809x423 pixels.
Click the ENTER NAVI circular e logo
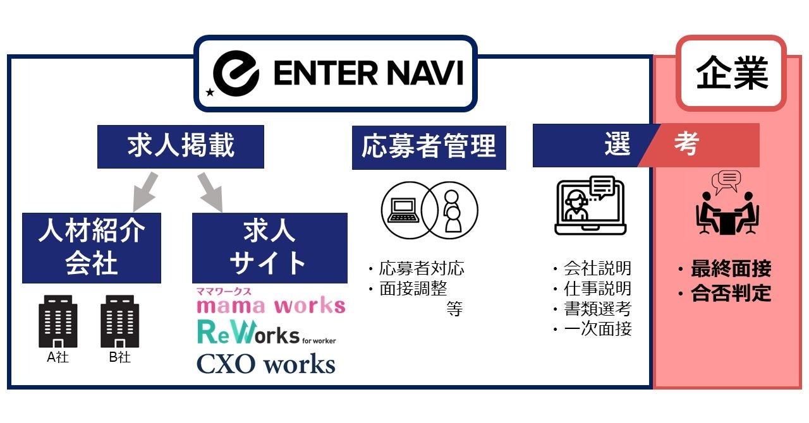pos(235,73)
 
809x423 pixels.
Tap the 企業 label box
pos(731,73)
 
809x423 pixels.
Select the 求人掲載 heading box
pos(180,146)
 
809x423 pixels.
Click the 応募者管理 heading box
pos(429,146)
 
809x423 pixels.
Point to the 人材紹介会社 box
pos(92,247)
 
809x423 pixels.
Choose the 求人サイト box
pos(269,247)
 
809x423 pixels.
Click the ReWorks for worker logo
pos(265,333)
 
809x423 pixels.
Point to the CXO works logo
pos(265,364)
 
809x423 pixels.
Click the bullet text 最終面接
pos(731,270)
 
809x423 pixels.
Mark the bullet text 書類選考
pos(597,309)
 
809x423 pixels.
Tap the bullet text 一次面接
pos(597,330)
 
